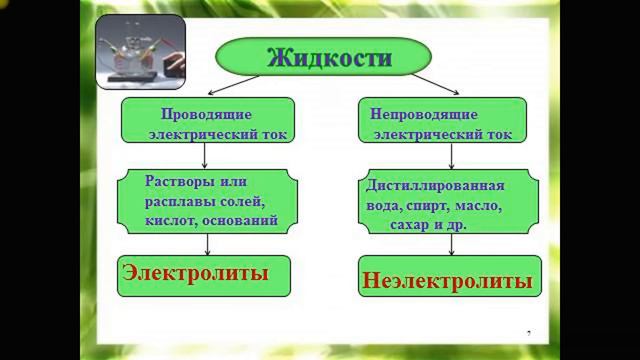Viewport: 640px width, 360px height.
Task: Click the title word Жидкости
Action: [329, 57]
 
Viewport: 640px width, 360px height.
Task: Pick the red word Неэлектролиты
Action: [444, 280]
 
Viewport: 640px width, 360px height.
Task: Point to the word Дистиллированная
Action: [435, 187]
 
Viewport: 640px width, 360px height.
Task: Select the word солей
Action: [240, 201]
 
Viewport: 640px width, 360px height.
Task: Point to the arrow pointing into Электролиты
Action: [207, 244]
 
